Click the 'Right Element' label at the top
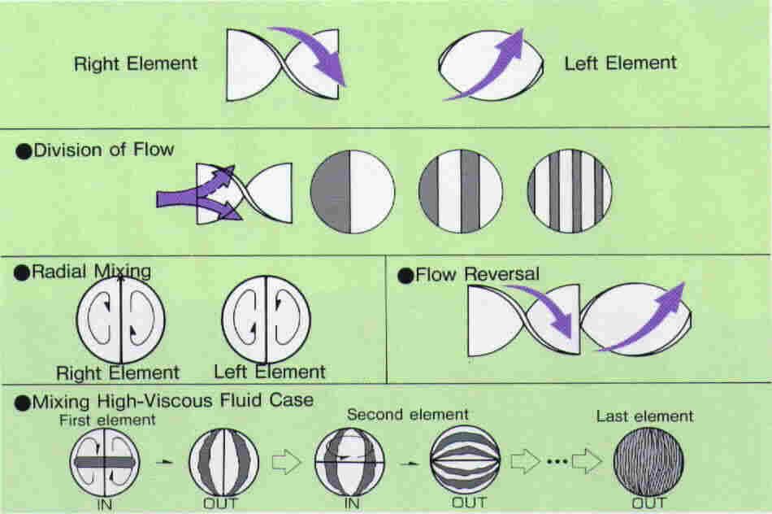click(136, 63)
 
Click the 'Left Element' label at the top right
click(620, 63)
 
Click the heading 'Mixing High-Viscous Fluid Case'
click(171, 401)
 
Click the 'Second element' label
click(407, 414)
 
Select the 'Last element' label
click(644, 416)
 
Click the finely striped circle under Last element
click(648, 461)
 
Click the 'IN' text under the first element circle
click(105, 503)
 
